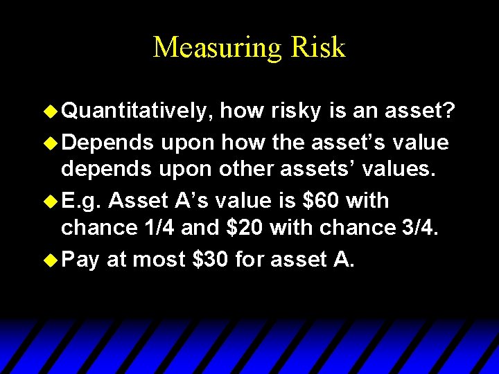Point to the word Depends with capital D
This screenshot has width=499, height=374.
click(107, 142)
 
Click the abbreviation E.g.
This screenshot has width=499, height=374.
click(81, 201)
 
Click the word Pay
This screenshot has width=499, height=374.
click(80, 260)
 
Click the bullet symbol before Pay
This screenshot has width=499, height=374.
click(51, 260)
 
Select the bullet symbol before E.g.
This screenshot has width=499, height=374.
click(51, 201)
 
